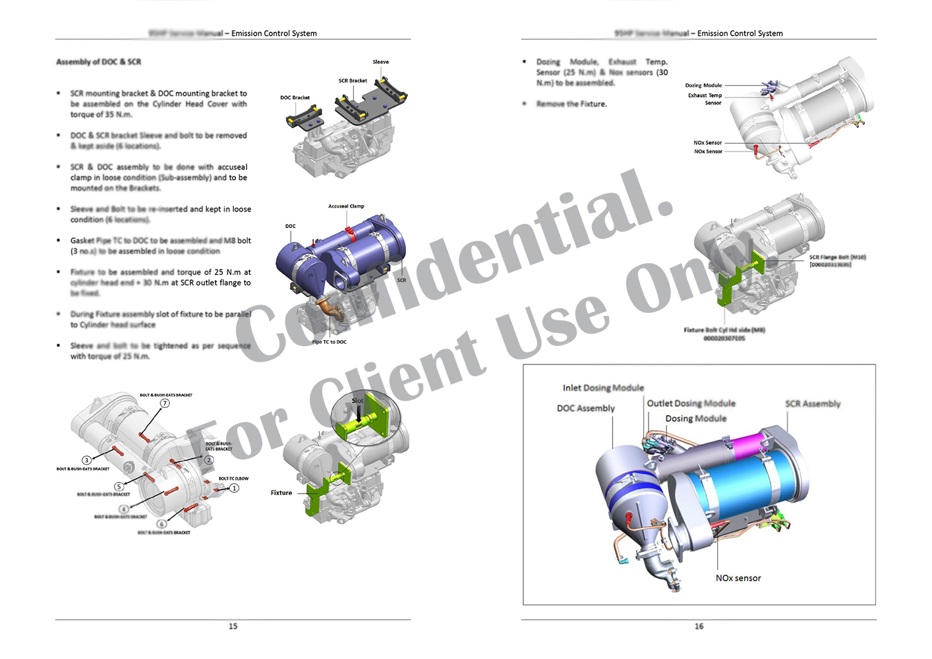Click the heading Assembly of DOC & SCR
(98, 62)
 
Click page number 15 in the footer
(233, 626)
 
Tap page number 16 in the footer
(699, 626)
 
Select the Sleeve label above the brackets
(380, 62)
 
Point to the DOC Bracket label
(295, 98)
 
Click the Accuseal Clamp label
(346, 206)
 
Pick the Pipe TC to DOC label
(329, 342)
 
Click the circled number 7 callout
(165, 403)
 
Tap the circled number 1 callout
(234, 488)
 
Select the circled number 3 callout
(86, 460)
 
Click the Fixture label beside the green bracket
(281, 493)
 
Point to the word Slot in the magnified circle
(357, 401)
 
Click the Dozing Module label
(703, 86)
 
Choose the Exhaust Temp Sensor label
(705, 99)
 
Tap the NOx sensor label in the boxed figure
(738, 578)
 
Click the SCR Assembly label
(812, 404)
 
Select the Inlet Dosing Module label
(603, 388)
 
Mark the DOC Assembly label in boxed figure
(585, 409)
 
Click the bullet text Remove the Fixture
(571, 104)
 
